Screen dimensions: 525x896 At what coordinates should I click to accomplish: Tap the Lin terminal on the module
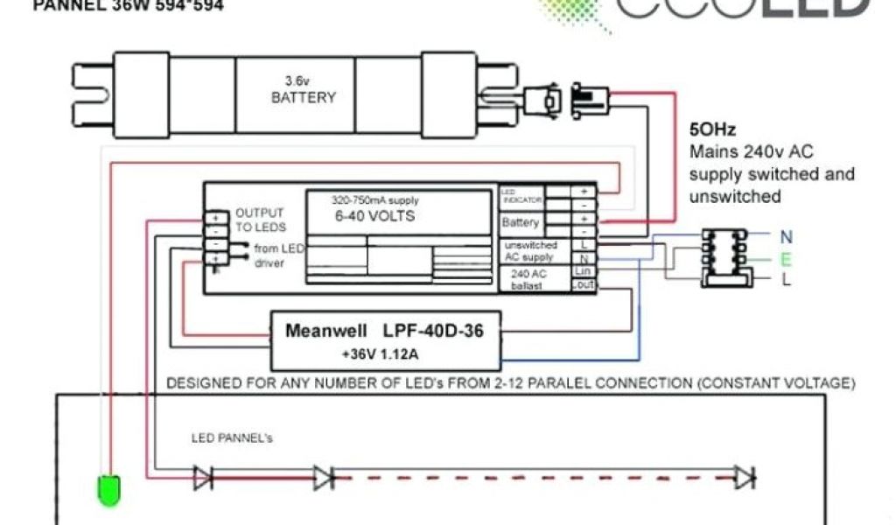584,272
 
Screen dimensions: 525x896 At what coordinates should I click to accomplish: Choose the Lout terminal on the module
584,285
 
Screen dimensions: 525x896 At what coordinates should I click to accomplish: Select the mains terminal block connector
724,258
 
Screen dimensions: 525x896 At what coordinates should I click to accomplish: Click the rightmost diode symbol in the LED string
745,478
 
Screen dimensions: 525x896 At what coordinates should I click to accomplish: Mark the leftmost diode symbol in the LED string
202,478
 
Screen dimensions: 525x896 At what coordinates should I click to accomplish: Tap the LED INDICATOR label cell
521,196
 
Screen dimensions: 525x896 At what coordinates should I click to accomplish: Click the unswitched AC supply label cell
530,251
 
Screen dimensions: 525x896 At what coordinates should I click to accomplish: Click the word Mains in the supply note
711,150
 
